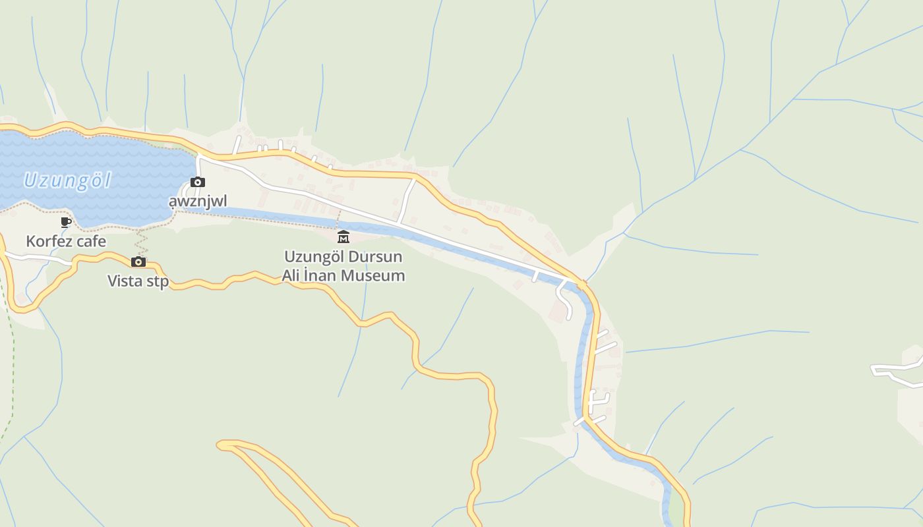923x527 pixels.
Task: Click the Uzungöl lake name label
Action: click(x=67, y=180)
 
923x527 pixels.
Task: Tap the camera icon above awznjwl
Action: click(x=197, y=182)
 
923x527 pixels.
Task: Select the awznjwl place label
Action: click(x=198, y=200)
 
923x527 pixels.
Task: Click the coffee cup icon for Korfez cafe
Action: click(x=66, y=223)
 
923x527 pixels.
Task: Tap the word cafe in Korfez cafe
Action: click(x=91, y=241)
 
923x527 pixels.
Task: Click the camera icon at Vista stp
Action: click(x=138, y=262)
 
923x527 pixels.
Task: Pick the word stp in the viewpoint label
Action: click(x=158, y=282)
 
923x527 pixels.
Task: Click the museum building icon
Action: click(x=343, y=237)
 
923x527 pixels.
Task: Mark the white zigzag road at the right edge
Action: click(x=897, y=372)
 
